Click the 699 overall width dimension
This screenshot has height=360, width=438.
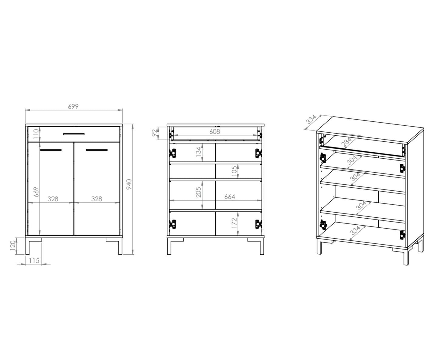click(x=73, y=107)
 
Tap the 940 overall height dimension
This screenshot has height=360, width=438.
click(x=129, y=184)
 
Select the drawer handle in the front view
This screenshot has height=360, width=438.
click(x=74, y=134)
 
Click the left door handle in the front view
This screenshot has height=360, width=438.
click(x=51, y=150)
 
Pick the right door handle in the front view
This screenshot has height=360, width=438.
click(x=97, y=150)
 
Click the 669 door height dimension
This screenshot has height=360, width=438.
click(x=36, y=192)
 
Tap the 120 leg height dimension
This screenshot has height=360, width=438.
click(x=13, y=246)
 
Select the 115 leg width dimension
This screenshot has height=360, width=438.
click(x=34, y=260)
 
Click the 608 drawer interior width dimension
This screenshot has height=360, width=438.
click(x=215, y=131)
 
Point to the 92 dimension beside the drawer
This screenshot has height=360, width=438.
click(x=154, y=133)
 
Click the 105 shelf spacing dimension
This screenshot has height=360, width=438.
click(x=234, y=171)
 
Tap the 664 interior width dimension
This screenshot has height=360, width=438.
click(x=230, y=197)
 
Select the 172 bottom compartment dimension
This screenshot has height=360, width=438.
click(x=234, y=223)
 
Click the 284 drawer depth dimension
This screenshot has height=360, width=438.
click(x=347, y=142)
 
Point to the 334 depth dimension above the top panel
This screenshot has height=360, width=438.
click(x=311, y=119)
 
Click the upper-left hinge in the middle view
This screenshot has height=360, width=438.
click(x=173, y=153)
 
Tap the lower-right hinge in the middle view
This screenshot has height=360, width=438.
click(x=258, y=224)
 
